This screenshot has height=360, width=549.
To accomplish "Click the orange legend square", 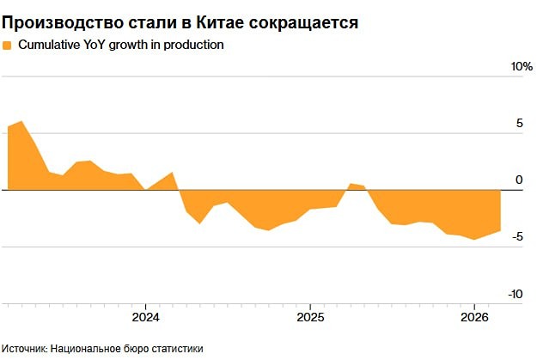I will pos(8,46).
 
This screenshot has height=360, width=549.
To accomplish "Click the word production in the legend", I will pos(196,46).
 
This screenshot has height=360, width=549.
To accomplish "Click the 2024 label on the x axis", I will pos(146,316).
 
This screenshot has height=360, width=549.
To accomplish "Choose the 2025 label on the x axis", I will pos(310,316).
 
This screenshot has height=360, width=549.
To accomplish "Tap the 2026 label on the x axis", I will pos(474,316).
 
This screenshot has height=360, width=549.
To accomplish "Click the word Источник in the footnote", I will pos(24,349).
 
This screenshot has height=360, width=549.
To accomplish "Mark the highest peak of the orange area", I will pos(21,121).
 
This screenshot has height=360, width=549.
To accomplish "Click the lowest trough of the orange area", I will pos(474,240).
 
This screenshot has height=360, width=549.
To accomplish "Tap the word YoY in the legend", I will pos(114,46).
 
